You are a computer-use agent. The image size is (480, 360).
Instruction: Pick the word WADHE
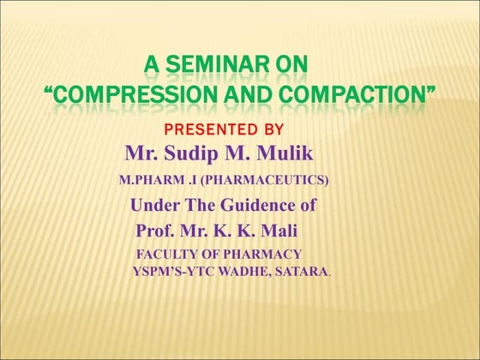[241, 272]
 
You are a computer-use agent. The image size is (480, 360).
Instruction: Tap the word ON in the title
[292, 64]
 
